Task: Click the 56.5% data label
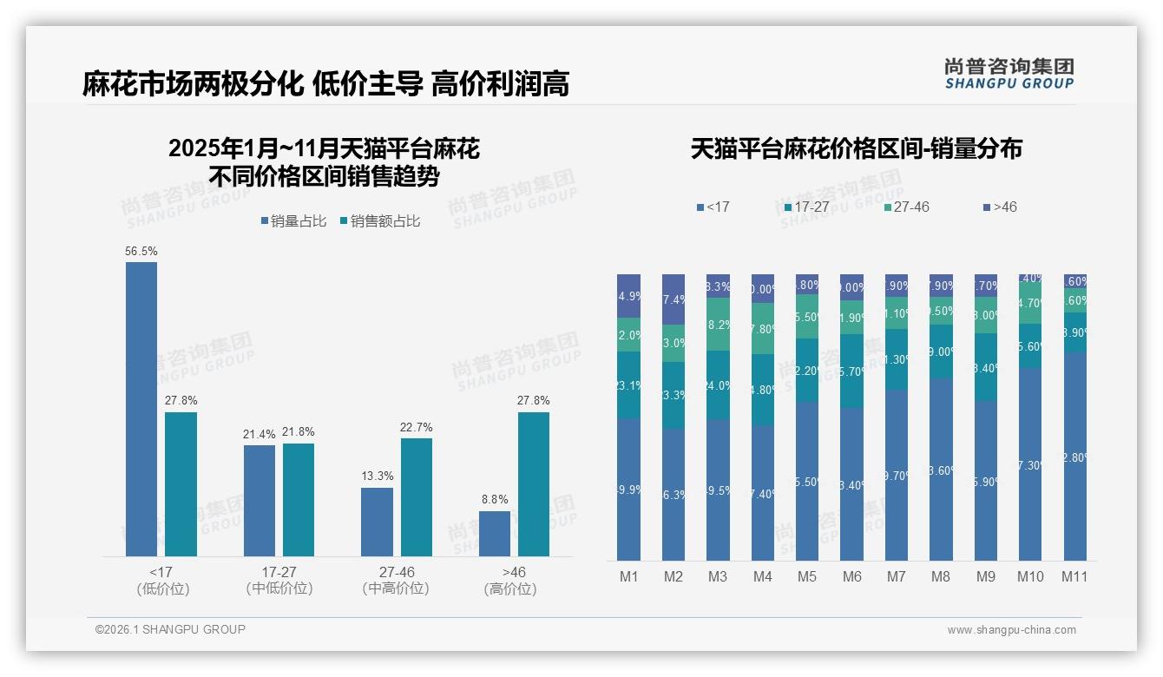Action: pos(141,251)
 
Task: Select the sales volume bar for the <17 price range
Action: pos(141,409)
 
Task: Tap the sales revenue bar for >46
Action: pos(534,483)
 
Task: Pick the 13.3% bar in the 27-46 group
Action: pos(377,522)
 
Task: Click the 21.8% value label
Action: pos(298,432)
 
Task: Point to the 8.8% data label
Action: pos(495,499)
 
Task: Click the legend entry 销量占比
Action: pos(292,221)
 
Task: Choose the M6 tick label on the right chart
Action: pos(851,576)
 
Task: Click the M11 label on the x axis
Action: pos(1074,576)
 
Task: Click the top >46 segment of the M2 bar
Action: pos(673,299)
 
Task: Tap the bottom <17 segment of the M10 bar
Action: pos(1030,464)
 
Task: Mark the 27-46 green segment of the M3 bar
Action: pos(718,324)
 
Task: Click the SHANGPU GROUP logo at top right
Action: pos(1009,73)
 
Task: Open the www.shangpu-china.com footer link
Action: pos(1011,630)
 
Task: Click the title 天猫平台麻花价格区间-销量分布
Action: pos(856,149)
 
